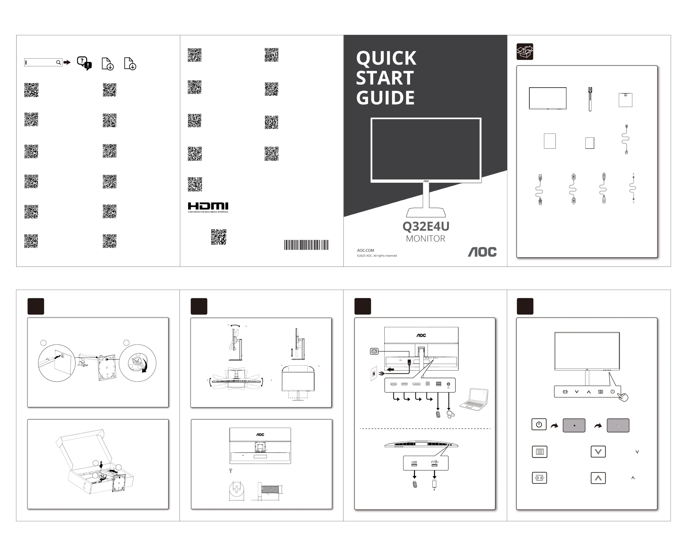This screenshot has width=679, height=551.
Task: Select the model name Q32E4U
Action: click(426, 226)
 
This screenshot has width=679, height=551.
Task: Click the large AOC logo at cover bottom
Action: click(482, 252)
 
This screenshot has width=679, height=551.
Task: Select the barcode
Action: click(306, 245)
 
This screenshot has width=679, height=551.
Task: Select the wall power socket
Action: click(374, 374)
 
